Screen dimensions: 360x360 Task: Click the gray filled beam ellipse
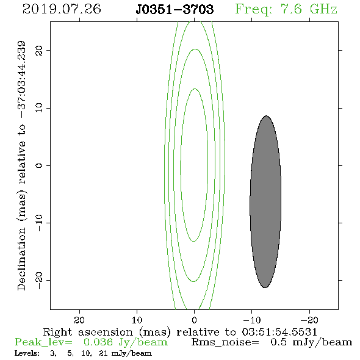pos(265,201)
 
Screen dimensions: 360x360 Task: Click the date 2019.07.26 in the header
pos(62,9)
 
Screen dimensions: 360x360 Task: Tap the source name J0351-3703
pos(175,9)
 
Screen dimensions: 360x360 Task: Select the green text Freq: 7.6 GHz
pos(286,9)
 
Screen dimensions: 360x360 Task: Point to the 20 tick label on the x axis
pos(79,320)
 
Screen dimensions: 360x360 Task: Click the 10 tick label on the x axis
pos(137,320)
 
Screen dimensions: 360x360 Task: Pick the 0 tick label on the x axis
pos(195,320)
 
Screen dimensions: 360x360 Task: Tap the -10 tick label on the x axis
pos(252,320)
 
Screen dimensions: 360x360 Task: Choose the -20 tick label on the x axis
pos(309,320)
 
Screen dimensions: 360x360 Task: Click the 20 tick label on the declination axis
pos(39,50)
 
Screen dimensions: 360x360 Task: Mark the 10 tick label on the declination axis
pos(39,107)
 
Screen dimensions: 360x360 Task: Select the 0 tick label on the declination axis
pos(39,165)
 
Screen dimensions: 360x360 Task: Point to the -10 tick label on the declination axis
pos(39,223)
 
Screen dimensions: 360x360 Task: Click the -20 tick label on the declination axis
pos(39,280)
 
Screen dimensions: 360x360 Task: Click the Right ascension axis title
pos(180,332)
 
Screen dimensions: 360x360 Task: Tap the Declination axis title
pos(21,165)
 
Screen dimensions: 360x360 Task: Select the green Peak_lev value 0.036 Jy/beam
pos(125,342)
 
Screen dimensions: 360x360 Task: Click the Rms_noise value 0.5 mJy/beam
pos(311,342)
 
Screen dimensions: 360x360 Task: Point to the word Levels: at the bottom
pos(27,353)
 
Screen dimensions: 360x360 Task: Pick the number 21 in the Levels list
pos(103,353)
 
